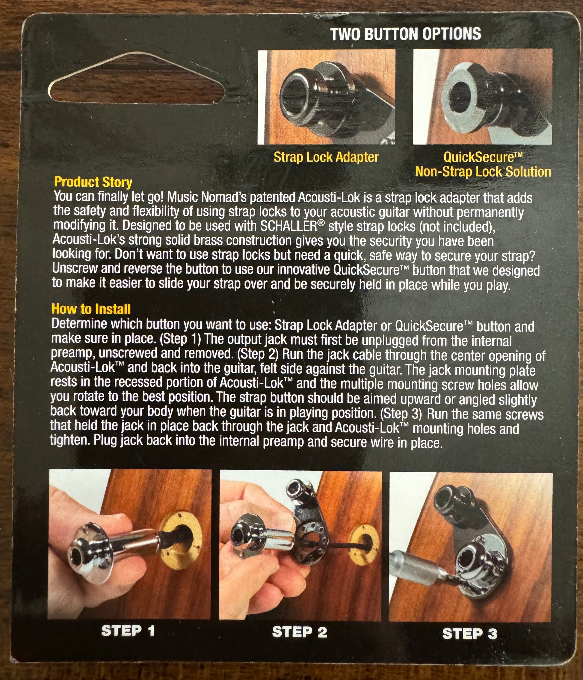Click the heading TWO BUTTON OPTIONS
(x=406, y=34)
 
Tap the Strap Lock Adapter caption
(x=326, y=157)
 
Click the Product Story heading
(x=93, y=182)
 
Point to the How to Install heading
(x=91, y=309)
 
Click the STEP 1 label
(x=128, y=631)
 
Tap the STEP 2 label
(x=299, y=632)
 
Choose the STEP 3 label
(x=469, y=633)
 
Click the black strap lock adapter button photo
(x=312, y=95)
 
